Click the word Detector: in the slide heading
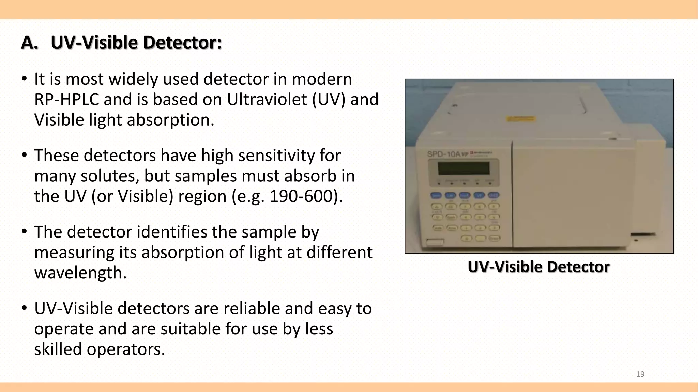click(182, 43)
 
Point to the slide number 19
click(640, 374)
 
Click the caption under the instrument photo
click(538, 267)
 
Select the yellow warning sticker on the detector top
click(521, 119)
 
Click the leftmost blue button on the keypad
click(437, 195)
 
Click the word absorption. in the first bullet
click(170, 120)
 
